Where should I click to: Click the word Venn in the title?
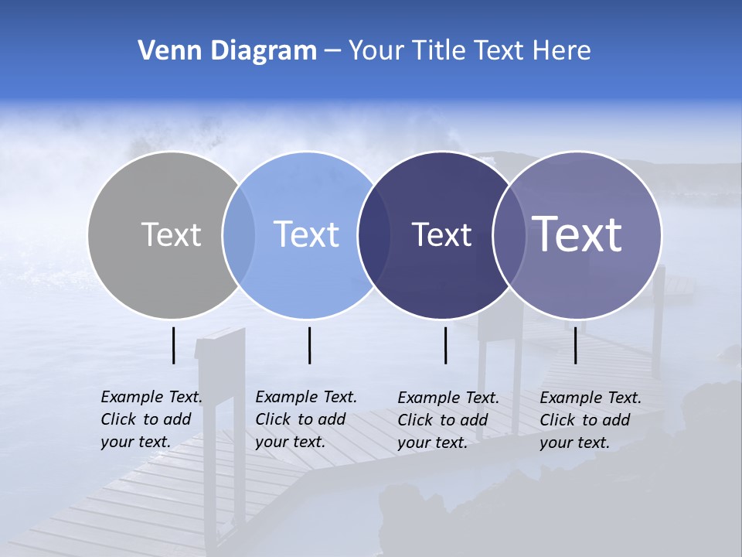pos(163,51)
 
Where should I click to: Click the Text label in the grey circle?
pos(171,234)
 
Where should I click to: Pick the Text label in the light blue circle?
pos(306,234)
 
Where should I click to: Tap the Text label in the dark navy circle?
pos(441,234)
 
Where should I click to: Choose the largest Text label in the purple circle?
pos(577,234)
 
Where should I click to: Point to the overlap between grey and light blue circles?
pos(239,234)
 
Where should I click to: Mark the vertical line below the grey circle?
pos(174,345)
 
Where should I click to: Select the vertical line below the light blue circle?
pos(309,345)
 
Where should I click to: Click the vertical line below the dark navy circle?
pos(446,345)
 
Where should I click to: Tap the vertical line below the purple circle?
pos(576,345)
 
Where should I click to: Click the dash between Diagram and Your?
pos(332,51)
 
